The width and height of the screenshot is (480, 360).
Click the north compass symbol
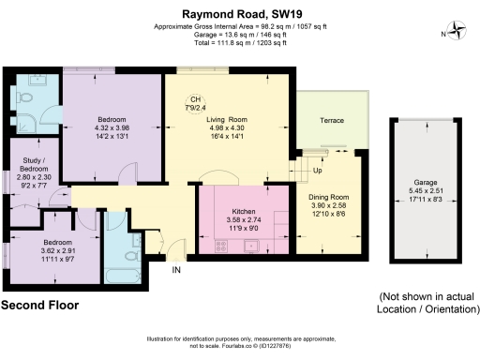[457, 34]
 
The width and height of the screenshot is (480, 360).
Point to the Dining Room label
[328, 196]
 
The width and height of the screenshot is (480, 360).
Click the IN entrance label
[175, 272]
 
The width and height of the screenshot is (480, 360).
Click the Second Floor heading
[38, 306]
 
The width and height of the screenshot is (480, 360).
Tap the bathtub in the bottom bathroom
[124, 265]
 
